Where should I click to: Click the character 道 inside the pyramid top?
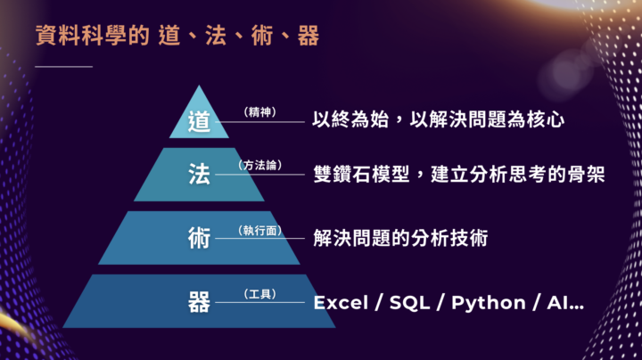(199, 120)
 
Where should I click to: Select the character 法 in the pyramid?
(199, 175)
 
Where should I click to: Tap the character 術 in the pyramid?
(199, 239)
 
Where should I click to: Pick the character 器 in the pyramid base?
(199, 302)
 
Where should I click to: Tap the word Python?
(488, 302)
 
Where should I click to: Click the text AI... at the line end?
(565, 302)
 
